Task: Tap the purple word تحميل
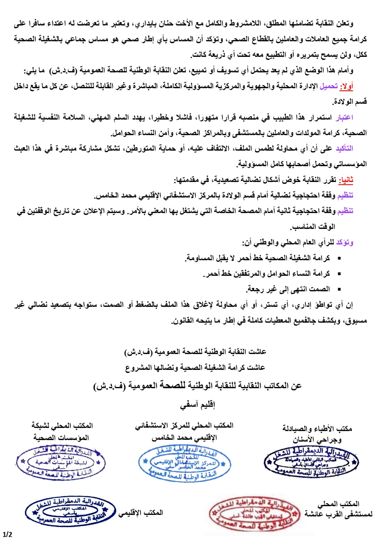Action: [x=329, y=86]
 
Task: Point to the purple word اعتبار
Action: [x=344, y=118]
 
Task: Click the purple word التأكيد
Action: [x=344, y=149]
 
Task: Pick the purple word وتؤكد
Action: [x=345, y=243]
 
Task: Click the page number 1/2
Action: [x=7, y=534]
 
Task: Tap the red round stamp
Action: [x=254, y=514]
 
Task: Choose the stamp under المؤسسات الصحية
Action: [x=60, y=463]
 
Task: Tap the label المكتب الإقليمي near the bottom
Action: [x=141, y=513]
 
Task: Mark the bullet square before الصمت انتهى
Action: [x=339, y=290]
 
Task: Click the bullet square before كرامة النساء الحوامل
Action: [x=339, y=274]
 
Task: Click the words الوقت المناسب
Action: [x=313, y=227]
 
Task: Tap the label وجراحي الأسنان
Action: [x=317, y=440]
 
